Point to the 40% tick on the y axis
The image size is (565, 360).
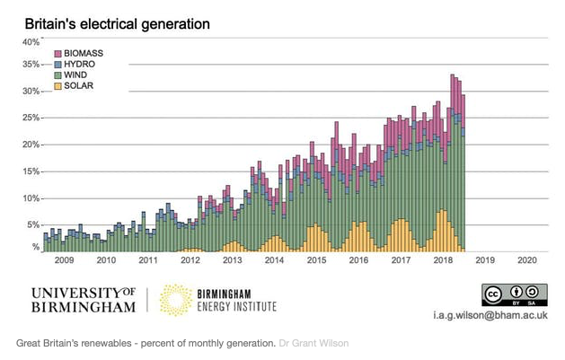31,41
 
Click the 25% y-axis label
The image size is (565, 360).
31,118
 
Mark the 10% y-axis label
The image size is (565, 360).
31,198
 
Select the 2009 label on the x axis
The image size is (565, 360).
64,260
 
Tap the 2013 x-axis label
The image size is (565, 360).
233,260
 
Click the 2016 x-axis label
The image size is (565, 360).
358,260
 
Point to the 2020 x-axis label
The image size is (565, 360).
527,260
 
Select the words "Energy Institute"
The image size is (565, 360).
237,307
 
